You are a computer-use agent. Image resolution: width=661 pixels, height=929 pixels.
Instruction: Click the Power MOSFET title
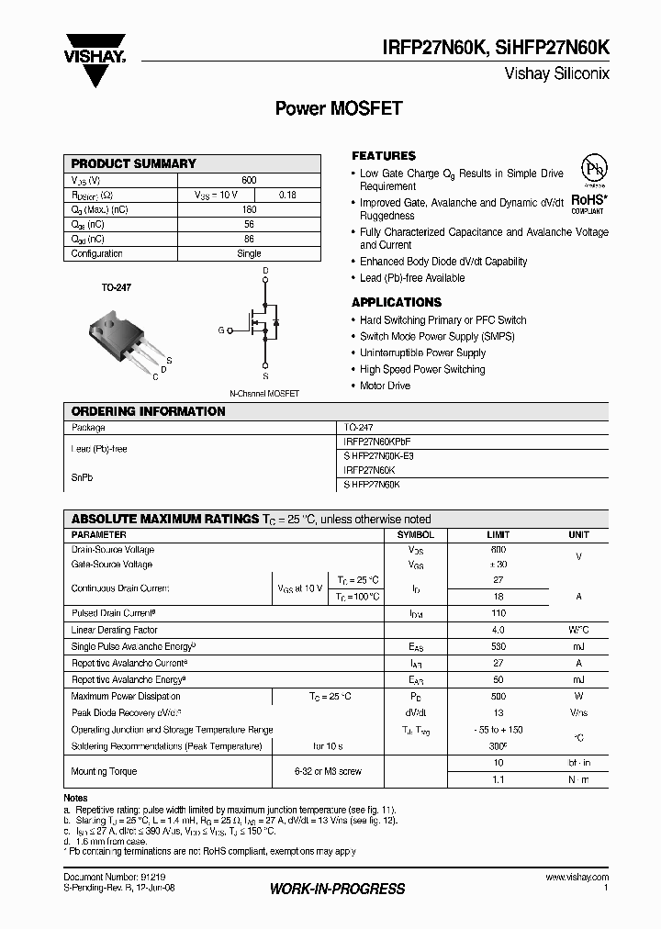point(339,107)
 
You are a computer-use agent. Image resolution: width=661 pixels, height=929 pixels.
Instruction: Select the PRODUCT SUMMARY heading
point(134,163)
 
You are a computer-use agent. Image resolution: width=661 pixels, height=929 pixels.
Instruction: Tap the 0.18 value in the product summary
point(287,195)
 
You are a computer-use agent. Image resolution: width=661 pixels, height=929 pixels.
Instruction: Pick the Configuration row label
point(97,253)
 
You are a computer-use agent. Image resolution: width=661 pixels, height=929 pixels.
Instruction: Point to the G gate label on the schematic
point(220,330)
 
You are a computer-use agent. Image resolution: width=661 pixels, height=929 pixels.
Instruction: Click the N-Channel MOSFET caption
point(264,393)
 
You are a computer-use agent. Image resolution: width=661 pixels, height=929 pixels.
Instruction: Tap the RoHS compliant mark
point(588,202)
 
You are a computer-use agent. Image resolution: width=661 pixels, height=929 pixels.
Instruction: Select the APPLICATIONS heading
point(397,302)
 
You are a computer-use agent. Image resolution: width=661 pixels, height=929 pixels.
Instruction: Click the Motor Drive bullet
point(385,386)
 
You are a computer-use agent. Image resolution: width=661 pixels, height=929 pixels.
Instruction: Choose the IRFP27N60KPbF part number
point(377,442)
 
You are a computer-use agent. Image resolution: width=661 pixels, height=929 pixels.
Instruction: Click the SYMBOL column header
point(415,534)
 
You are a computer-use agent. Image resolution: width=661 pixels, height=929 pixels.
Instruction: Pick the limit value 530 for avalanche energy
point(498,647)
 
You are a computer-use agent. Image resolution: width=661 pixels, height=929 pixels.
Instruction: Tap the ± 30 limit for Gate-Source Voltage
point(498,565)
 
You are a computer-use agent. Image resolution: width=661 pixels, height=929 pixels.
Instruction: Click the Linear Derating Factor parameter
point(115,631)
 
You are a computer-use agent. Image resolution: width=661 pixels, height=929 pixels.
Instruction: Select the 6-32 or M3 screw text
point(328,772)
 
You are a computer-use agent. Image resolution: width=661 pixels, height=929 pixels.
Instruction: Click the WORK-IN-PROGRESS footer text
point(337,889)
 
